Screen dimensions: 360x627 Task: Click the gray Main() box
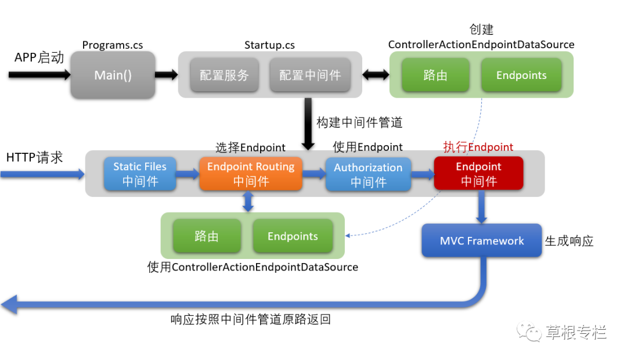tap(113, 75)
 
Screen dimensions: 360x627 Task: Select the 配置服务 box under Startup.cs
tap(224, 75)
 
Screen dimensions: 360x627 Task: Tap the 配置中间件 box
tap(310, 75)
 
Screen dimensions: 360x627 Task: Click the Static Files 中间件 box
tap(140, 174)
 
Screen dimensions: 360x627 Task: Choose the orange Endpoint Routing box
tap(251, 174)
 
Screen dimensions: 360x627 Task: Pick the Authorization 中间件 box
tap(368, 174)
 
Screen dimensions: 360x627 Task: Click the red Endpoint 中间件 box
tap(478, 173)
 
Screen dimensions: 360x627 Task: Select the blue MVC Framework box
tap(482, 240)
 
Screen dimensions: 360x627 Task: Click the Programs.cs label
tap(113, 45)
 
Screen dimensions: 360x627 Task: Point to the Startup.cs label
tap(269, 45)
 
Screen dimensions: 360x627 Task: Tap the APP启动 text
tap(39, 57)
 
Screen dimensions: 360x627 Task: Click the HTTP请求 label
tap(34, 157)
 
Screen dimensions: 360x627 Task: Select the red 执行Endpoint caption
tap(478, 146)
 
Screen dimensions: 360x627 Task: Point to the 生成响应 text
tap(569, 241)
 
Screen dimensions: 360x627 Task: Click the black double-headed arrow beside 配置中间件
tap(376, 75)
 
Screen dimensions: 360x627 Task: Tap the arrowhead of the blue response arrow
tap(10, 303)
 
